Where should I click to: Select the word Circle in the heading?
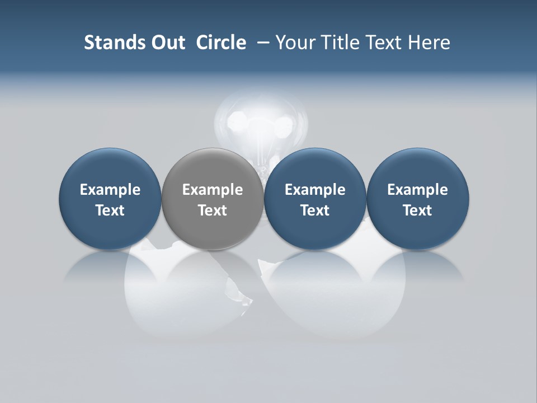[221, 43]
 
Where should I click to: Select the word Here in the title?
[429, 43]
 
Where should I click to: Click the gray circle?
[213, 168]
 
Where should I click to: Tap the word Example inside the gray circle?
[213, 190]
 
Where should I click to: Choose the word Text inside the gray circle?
[213, 210]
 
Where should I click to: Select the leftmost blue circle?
[110, 168]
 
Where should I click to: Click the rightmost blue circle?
[417, 168]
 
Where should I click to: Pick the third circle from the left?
[315, 168]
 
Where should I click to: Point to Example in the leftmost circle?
[110, 190]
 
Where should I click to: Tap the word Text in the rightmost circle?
[417, 210]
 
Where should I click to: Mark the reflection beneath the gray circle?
[213, 269]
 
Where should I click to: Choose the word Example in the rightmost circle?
[417, 190]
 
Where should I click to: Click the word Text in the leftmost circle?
[110, 210]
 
